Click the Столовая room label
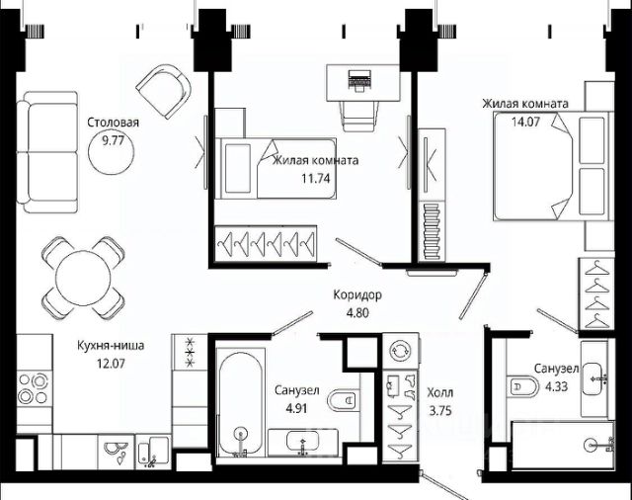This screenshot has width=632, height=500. coord(113,123)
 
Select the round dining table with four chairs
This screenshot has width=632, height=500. coord(83,278)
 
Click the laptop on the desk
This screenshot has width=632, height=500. coord(359,80)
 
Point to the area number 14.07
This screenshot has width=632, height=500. coord(525,122)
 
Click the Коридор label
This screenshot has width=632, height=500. coord(357,295)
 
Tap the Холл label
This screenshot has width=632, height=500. coord(440,392)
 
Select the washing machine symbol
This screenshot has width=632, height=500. coord(400,350)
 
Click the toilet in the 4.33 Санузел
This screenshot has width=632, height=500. coord(523,387)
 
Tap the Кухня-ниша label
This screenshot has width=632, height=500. coord(111,346)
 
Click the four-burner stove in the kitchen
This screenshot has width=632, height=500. coord(34,389)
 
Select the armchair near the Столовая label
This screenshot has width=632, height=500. coord(164,92)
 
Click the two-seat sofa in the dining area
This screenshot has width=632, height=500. coord(47,151)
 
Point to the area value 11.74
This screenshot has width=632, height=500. coord(316,178)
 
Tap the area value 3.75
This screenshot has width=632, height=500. coord(440,411)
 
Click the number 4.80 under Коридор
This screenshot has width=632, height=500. coord(357,313)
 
